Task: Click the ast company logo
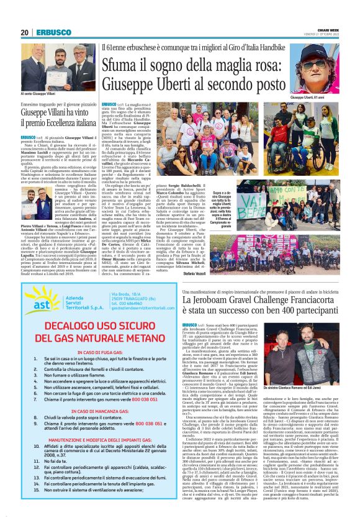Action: (x=38, y=307)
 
